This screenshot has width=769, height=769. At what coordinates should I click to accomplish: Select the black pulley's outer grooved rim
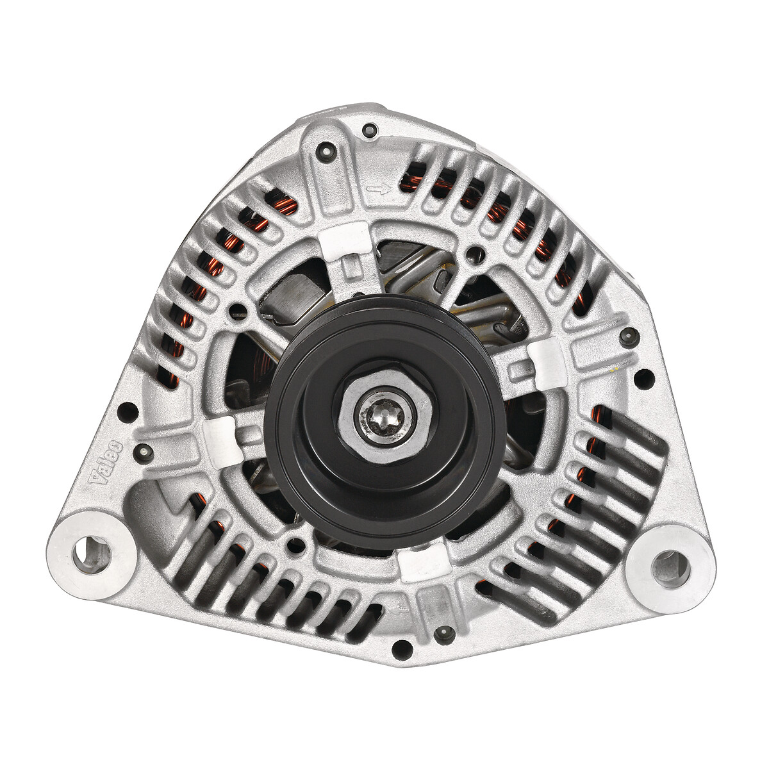pos(384,416)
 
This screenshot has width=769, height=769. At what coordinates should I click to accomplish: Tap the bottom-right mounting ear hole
pos(670,568)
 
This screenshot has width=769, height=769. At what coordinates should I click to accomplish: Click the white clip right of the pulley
pos(545,363)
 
